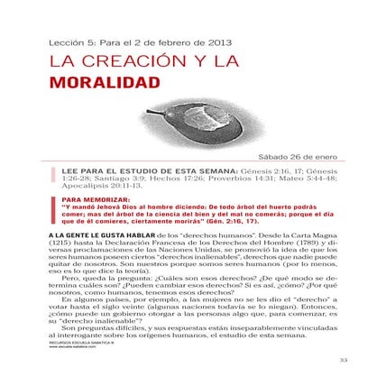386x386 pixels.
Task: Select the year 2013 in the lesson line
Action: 219,41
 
